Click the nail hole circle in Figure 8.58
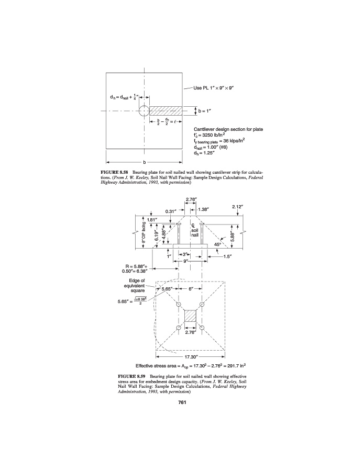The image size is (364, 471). click(144, 111)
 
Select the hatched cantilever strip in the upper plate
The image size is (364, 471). click(167, 111)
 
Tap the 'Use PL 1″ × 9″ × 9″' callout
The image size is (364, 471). click(217, 87)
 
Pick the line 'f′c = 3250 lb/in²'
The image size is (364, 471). click(210, 134)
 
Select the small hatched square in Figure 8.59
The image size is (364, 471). click(190, 316)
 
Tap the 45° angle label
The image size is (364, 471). click(218, 244)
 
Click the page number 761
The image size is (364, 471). click(182, 402)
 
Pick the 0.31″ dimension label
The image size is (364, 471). click(170, 211)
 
